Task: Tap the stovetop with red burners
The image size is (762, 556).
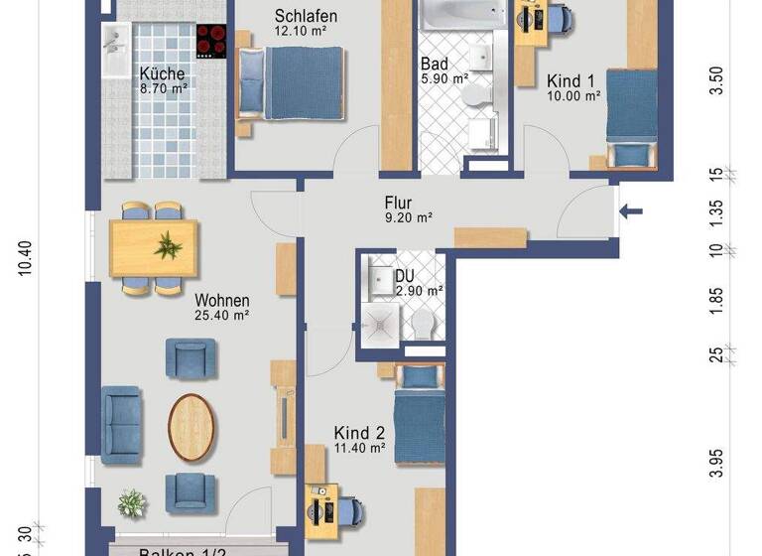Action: click(x=210, y=41)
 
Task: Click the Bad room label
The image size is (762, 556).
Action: click(x=433, y=62)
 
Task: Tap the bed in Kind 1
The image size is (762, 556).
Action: click(x=631, y=119)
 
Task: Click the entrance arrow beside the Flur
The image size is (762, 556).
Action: click(x=631, y=210)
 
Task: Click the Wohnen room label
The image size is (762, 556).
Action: click(x=221, y=300)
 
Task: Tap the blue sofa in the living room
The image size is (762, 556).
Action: click(x=121, y=420)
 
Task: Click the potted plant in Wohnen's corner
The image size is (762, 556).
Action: click(x=132, y=502)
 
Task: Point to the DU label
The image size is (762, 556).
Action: click(x=404, y=275)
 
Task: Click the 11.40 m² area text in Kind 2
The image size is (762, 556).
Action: click(x=358, y=448)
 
